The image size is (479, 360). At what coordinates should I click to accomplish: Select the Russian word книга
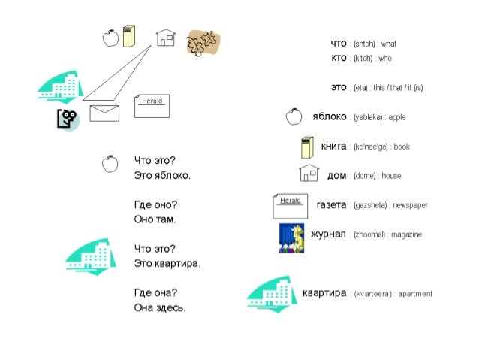click(333, 146)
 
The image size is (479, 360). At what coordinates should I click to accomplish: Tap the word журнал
click(329, 234)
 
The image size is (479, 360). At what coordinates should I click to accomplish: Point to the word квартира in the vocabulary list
click(324, 293)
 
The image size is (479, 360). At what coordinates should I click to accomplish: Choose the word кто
click(339, 58)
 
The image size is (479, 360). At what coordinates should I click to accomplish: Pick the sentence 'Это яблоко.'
click(162, 175)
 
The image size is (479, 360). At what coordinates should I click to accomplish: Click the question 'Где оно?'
click(155, 204)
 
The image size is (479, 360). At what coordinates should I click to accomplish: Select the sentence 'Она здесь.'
click(160, 307)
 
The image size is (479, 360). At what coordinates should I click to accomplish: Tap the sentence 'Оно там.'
click(155, 219)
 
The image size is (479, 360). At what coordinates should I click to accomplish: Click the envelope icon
click(104, 113)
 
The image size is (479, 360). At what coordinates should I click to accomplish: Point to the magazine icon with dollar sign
click(291, 237)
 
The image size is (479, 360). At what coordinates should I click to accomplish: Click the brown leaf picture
click(203, 43)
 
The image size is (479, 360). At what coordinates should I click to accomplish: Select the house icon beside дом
click(309, 174)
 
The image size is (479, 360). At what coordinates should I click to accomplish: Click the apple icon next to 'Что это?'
click(110, 162)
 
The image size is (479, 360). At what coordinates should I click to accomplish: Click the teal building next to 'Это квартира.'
click(92, 256)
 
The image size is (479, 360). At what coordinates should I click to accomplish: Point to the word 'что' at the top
click(339, 43)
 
